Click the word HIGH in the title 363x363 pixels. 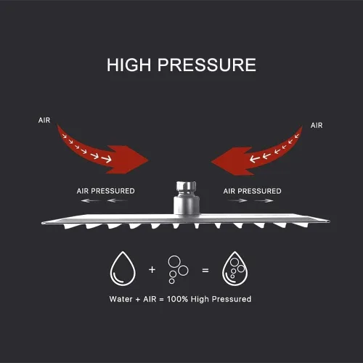(129, 65)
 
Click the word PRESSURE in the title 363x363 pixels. (207, 65)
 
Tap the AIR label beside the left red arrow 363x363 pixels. (44, 120)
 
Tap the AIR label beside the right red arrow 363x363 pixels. (317, 126)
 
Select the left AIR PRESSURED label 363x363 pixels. (105, 191)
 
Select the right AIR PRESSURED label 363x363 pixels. (252, 191)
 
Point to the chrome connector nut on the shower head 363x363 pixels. (186, 187)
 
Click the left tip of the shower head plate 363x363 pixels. (42, 223)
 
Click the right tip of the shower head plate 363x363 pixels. (328, 221)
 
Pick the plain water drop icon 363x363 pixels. (123, 269)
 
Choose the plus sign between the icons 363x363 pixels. (152, 269)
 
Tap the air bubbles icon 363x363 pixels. (178, 269)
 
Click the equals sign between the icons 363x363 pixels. (205, 270)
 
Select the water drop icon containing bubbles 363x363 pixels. (234, 269)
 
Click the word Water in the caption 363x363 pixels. (121, 299)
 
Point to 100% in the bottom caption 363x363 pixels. (177, 299)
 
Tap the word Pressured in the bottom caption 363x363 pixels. (232, 299)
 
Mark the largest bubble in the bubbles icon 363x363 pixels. (174, 261)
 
